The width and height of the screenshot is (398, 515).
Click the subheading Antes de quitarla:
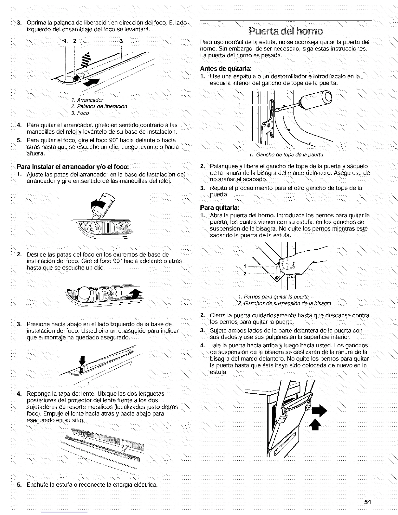(x=226, y=69)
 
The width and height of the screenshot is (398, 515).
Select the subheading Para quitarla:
(x=220, y=207)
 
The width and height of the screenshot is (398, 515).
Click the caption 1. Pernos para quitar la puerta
(x=273, y=297)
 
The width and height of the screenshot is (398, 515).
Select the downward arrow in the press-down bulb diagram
(x=82, y=360)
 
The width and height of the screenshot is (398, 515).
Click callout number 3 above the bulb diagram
(x=121, y=41)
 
